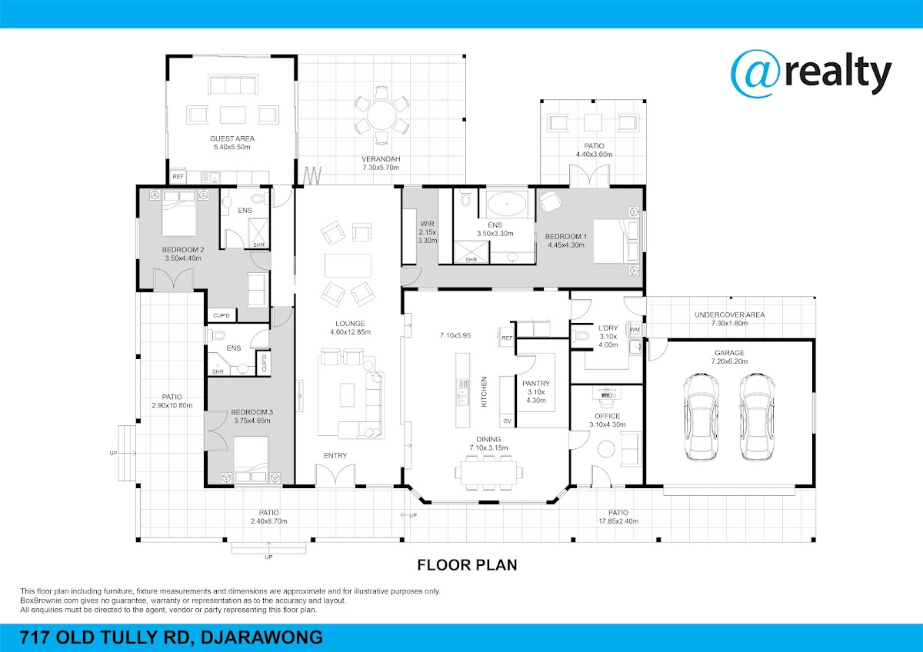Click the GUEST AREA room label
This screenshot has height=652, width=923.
click(x=232, y=139)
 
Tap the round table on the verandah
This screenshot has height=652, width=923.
click(x=382, y=115)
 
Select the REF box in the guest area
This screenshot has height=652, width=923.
click(x=178, y=177)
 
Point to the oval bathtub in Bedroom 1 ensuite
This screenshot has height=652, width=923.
click(x=506, y=204)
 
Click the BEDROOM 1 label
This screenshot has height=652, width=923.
click(x=566, y=237)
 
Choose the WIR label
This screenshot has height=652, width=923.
click(x=428, y=224)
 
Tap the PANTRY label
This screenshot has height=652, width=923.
click(x=536, y=384)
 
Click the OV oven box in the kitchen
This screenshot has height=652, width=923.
click(x=507, y=421)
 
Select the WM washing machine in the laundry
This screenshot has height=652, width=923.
click(x=635, y=330)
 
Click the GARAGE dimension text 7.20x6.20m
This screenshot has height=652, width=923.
click(x=729, y=361)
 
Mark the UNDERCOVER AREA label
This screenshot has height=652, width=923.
click(x=729, y=314)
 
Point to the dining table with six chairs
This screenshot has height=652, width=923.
click(x=488, y=471)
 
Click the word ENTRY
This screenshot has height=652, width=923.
click(x=335, y=455)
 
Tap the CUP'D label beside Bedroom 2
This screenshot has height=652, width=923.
click(x=222, y=315)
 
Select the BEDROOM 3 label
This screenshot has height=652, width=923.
click(x=252, y=412)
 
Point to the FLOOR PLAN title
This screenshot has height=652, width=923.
click(x=467, y=565)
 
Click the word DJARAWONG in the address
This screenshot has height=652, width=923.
click(x=262, y=637)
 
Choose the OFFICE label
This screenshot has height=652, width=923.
click(x=608, y=416)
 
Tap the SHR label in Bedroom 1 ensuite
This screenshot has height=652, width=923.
click(x=471, y=259)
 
